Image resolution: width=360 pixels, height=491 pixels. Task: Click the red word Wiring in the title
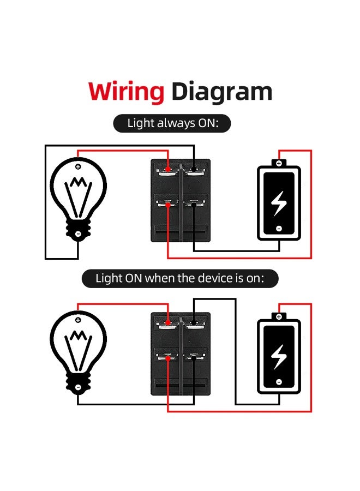coord(126,91)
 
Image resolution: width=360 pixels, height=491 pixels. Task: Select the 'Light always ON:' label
coord(172,123)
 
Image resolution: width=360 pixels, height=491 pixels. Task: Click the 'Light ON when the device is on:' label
coord(180,278)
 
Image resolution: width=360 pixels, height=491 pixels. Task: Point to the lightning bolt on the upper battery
coord(279,202)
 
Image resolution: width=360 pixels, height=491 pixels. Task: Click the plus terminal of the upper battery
coord(279,163)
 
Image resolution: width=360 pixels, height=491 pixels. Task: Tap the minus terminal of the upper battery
coord(279,228)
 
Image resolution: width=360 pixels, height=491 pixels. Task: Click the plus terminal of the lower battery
coord(279,316)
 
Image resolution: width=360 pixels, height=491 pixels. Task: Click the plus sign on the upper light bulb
coord(78,166)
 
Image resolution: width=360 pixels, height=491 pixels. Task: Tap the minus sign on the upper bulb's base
coord(78,234)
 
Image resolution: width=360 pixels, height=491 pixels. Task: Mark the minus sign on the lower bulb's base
coord(78,387)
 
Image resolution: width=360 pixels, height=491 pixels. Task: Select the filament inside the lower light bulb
coord(78,345)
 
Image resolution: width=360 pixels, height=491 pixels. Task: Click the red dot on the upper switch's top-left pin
coord(168,169)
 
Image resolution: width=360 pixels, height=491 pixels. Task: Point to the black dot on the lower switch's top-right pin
coord(194,322)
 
